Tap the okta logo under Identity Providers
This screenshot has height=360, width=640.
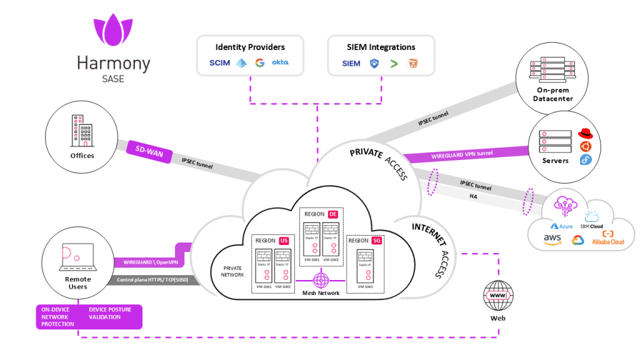click(x=280, y=63)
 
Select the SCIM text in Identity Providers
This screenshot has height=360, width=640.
click(x=219, y=63)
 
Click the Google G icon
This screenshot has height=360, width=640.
click(x=259, y=63)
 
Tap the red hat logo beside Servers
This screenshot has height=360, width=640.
click(x=584, y=133)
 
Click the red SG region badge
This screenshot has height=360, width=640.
click(x=376, y=241)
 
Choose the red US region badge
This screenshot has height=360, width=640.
click(x=284, y=241)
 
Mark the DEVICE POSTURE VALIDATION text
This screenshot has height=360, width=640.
click(x=110, y=312)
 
